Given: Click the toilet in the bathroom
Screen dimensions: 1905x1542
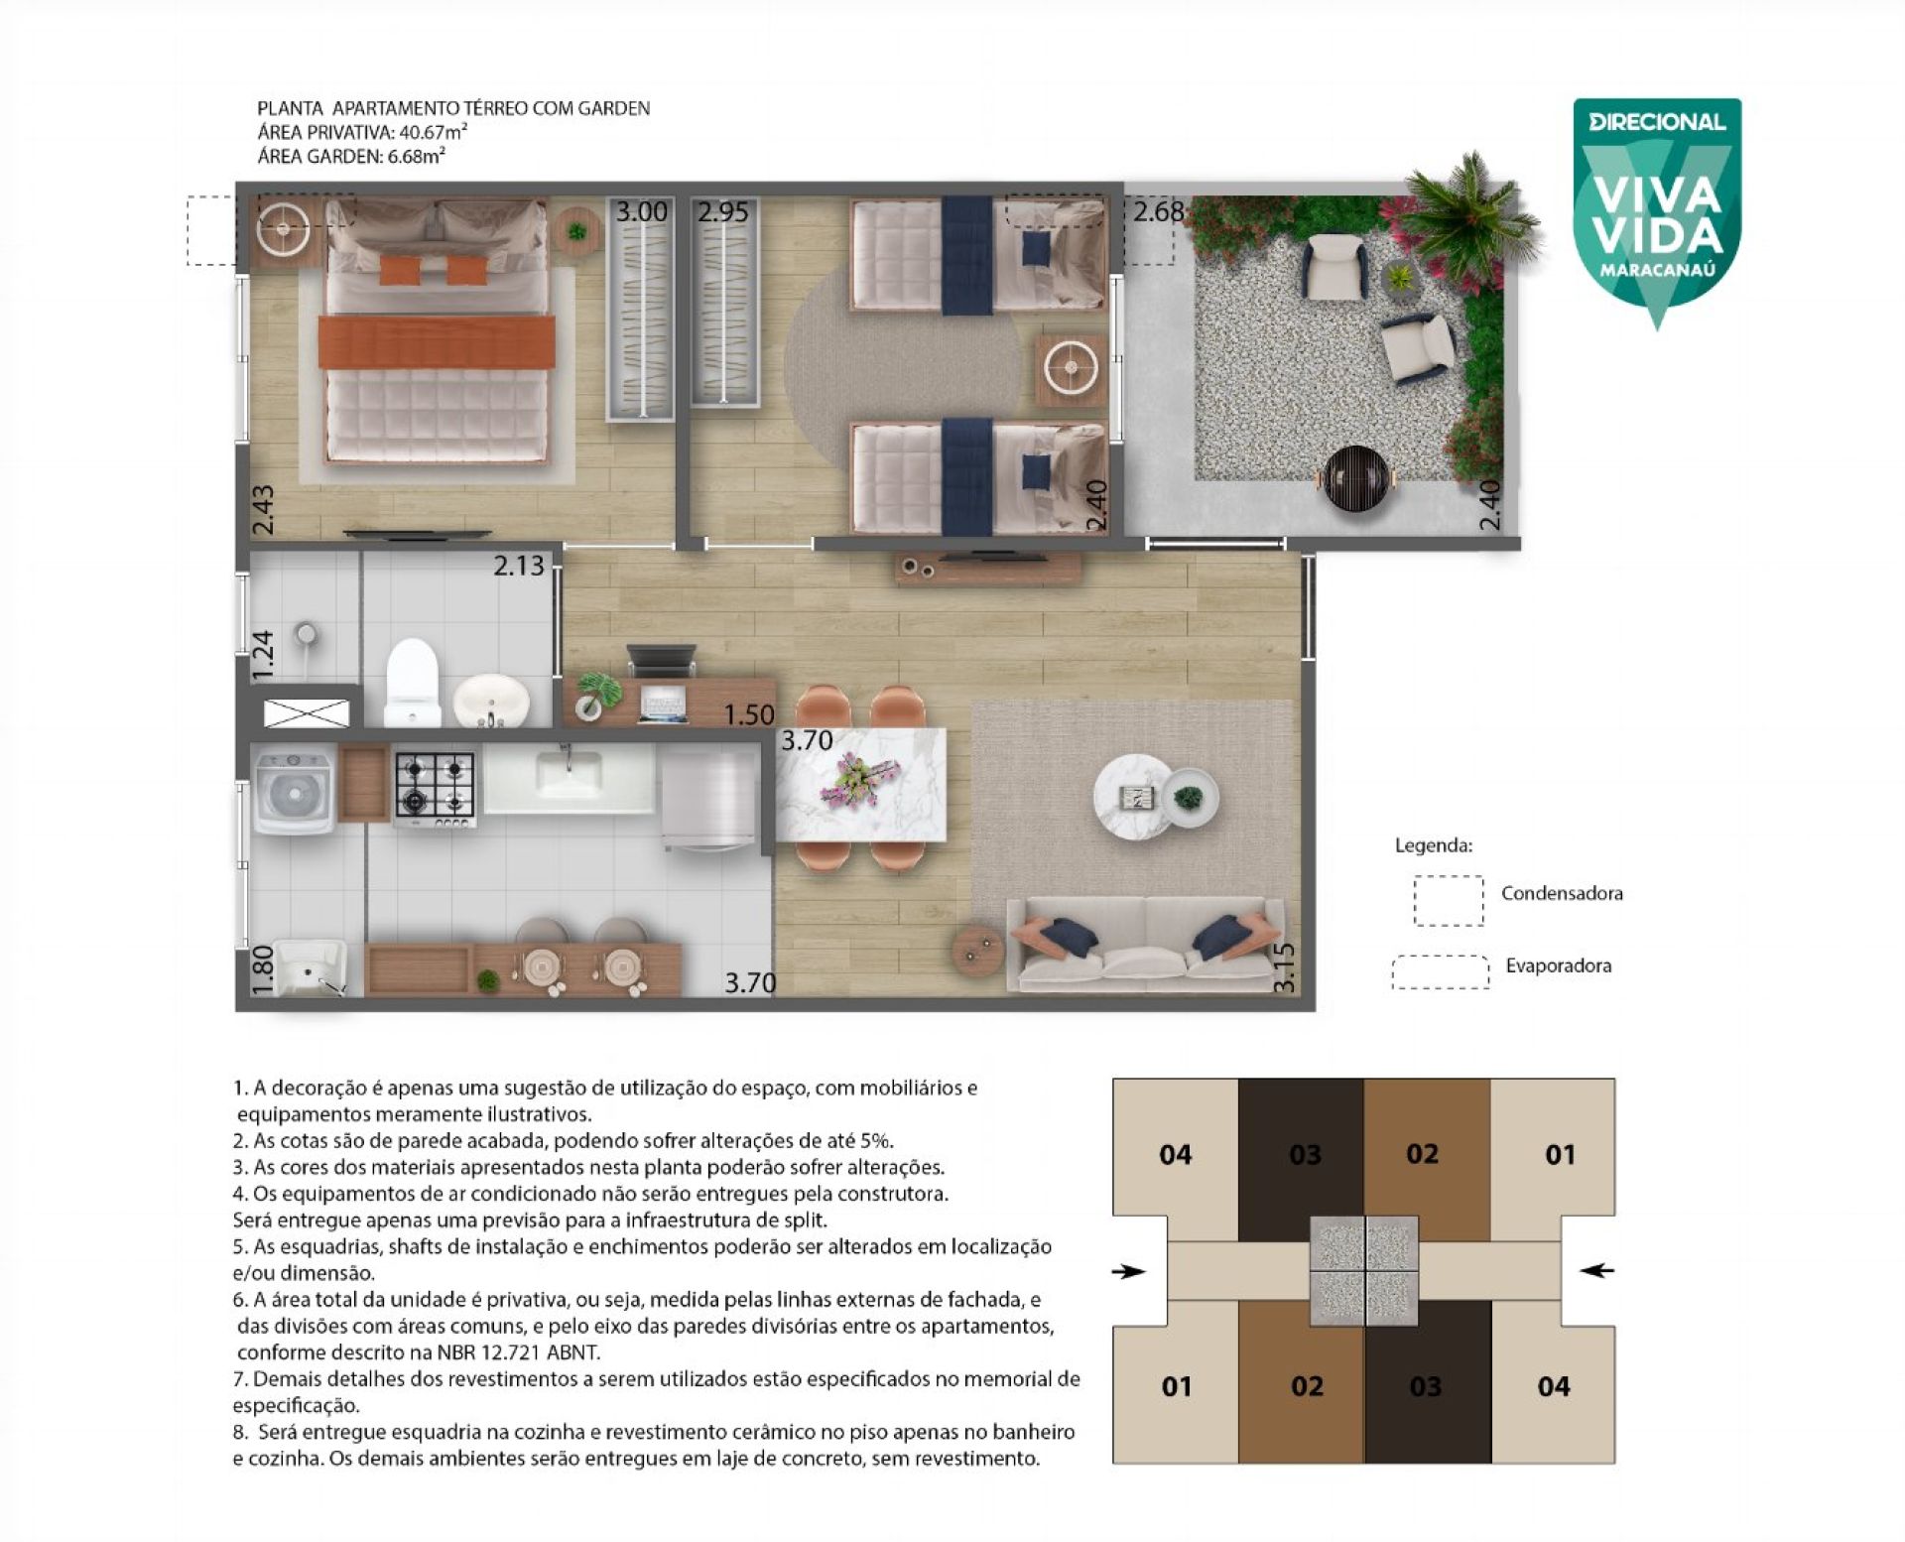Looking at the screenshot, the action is click(x=412, y=682).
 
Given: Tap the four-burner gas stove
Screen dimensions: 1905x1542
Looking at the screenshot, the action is click(x=435, y=788).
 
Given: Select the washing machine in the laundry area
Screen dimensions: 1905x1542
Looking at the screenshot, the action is click(x=294, y=792).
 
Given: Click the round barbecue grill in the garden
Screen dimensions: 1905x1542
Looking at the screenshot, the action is click(x=1355, y=478).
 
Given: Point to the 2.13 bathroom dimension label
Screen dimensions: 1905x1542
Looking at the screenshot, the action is click(x=519, y=565).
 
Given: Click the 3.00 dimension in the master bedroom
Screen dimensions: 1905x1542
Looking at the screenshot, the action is click(x=641, y=211).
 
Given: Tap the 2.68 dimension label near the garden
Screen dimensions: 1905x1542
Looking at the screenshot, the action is click(x=1158, y=211).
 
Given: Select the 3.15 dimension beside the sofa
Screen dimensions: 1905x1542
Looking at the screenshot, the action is click(x=1284, y=966).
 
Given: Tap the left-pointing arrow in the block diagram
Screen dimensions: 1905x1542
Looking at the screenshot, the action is click(x=1596, y=1269).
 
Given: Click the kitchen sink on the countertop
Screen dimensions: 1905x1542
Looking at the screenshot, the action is click(x=568, y=775).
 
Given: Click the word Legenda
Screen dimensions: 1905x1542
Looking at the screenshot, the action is click(x=1434, y=845).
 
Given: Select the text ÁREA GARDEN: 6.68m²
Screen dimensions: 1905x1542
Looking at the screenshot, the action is click(x=351, y=155).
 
